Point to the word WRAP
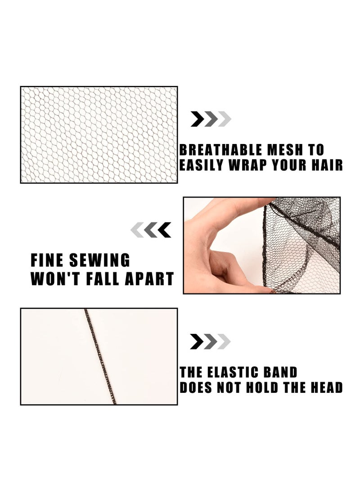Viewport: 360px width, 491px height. click(x=248, y=165)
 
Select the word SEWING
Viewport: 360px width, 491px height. click(x=99, y=261)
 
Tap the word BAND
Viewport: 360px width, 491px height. click(x=281, y=373)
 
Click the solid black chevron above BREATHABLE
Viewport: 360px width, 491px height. click(x=198, y=119)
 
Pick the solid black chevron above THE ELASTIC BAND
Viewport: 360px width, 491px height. click(x=197, y=342)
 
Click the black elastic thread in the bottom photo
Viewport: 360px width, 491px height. click(x=100, y=356)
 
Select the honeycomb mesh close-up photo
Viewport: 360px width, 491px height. click(x=99, y=135)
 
